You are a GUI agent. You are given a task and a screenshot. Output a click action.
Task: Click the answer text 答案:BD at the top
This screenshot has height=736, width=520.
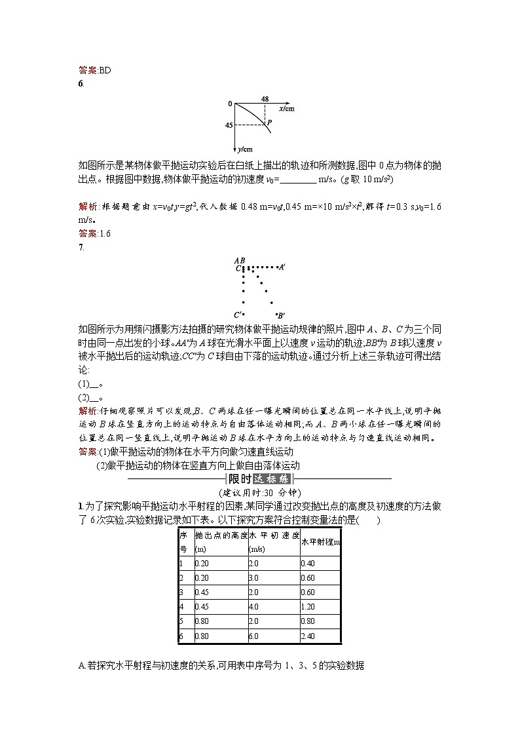(94, 70)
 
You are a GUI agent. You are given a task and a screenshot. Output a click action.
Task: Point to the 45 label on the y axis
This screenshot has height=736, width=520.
(229, 125)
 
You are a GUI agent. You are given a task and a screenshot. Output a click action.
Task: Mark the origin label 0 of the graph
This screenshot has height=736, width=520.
(230, 104)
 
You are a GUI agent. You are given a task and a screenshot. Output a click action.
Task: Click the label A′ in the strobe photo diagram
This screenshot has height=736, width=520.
(281, 267)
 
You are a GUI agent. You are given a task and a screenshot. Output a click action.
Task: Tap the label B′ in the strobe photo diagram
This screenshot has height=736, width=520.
(280, 315)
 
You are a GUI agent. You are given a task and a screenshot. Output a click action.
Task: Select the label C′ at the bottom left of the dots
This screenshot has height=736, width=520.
(238, 315)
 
